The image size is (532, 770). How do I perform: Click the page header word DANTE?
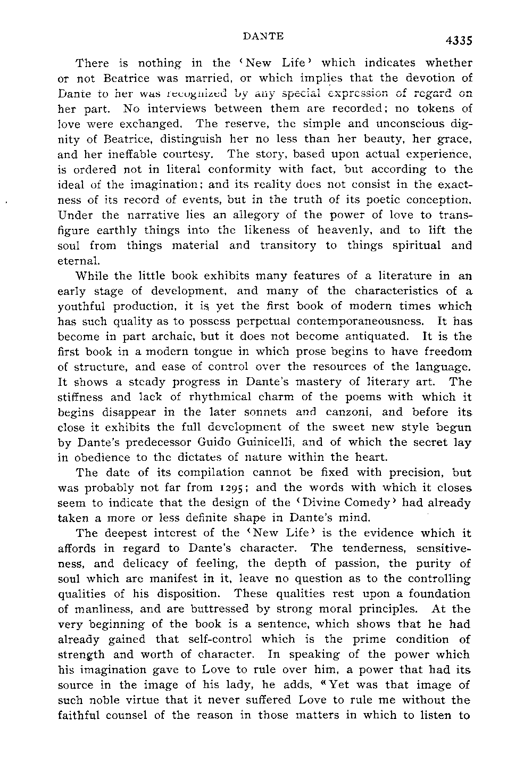263,37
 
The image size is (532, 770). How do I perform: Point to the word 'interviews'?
182,109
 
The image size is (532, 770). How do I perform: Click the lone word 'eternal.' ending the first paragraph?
78,262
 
